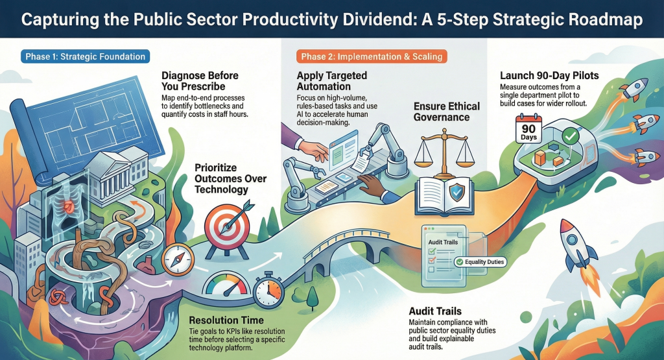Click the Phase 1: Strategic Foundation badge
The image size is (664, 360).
point(86,56)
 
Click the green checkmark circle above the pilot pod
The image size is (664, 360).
point(571,136)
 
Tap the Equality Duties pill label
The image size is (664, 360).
point(480,262)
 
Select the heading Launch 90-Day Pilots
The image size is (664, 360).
point(549,76)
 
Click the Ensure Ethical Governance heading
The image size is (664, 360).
point(448,111)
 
